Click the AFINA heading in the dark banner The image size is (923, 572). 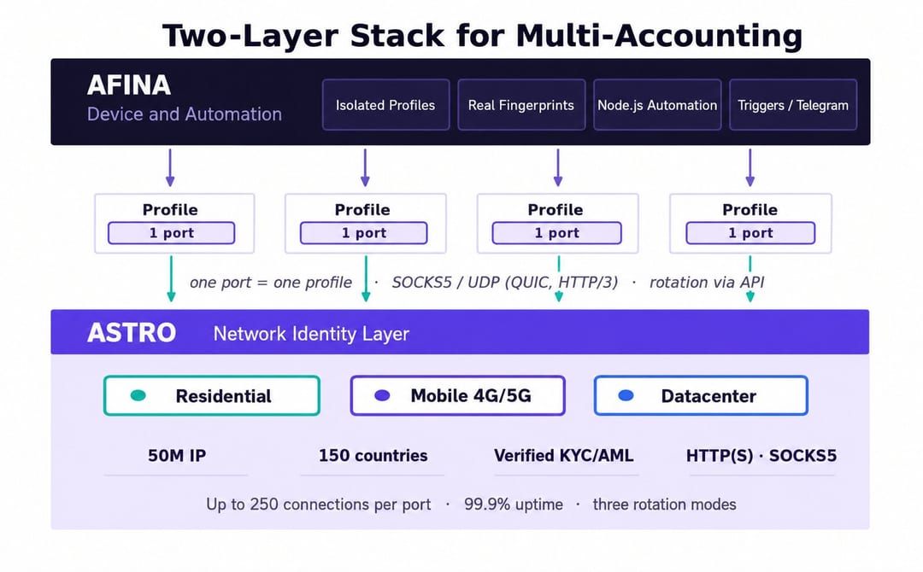click(129, 85)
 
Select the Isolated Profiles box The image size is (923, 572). click(385, 105)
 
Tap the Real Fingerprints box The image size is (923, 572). click(521, 105)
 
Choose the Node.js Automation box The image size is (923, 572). click(657, 105)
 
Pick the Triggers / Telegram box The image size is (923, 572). click(793, 105)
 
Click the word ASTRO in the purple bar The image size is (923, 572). click(132, 333)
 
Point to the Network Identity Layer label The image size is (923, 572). click(311, 334)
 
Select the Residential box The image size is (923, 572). click(212, 395)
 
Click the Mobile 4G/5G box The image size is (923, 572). click(457, 395)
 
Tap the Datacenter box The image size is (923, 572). click(701, 395)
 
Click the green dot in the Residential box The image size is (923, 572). click(138, 395)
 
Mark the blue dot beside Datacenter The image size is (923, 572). click(626, 395)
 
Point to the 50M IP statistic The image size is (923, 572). click(177, 456)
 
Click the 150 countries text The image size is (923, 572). click(373, 456)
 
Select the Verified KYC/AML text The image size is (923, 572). click(564, 456)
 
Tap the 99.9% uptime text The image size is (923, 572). click(514, 505)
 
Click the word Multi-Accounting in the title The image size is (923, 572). click(659, 35)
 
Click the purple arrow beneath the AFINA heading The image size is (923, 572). click(170, 167)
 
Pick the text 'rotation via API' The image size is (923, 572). click(707, 283)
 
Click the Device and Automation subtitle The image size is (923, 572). click(185, 114)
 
